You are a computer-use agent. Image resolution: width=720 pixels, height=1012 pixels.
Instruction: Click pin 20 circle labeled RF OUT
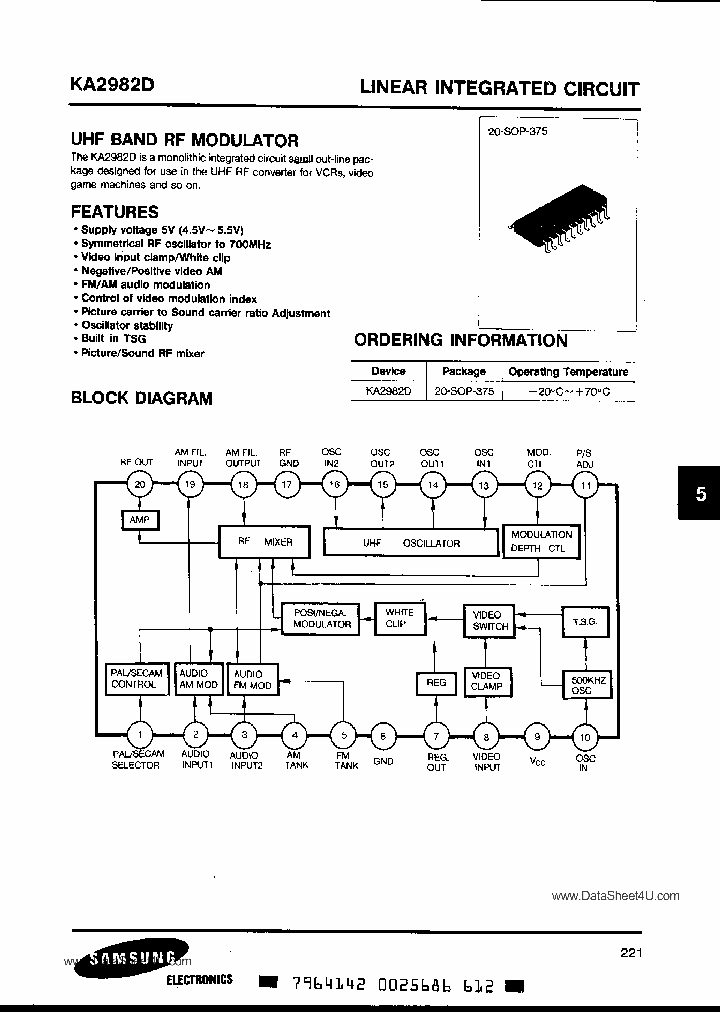tap(140, 485)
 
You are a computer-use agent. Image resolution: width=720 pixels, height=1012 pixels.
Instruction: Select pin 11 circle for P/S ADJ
tap(585, 485)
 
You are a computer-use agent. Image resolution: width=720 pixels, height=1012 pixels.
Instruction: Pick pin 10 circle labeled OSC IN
tap(585, 738)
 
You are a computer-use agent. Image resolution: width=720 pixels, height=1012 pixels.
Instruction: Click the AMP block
tap(139, 520)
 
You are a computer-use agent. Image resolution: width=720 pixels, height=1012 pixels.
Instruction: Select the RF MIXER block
tap(265, 543)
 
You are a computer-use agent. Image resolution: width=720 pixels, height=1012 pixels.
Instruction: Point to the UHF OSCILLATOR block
tap(410, 543)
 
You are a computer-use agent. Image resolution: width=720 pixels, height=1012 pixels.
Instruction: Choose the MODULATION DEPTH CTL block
tap(541, 541)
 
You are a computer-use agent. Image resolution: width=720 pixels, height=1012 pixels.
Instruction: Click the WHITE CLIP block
tap(400, 617)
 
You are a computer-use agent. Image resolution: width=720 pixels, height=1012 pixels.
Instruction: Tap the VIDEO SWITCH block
tap(489, 620)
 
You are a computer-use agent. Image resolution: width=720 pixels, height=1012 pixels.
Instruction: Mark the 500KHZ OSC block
tap(585, 686)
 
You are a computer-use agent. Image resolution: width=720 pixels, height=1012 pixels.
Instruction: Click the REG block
tap(436, 682)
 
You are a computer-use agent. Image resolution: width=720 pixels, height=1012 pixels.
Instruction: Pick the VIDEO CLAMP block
tap(486, 682)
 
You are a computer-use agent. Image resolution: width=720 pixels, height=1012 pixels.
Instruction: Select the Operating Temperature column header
tap(568, 371)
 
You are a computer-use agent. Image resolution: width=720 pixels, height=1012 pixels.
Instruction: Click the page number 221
tap(630, 953)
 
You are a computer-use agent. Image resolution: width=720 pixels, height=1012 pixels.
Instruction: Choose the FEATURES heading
tap(114, 212)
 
